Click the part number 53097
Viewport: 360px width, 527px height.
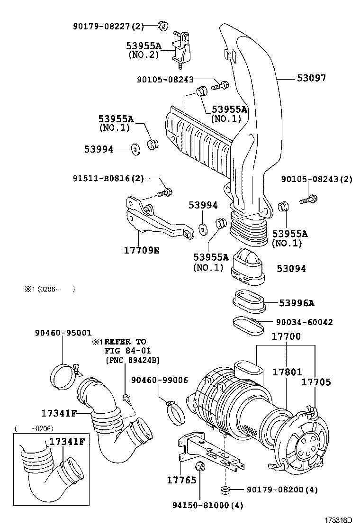(311, 78)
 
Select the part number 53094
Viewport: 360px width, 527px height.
(292, 269)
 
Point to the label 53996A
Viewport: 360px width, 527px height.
(297, 303)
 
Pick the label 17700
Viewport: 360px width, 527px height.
(286, 336)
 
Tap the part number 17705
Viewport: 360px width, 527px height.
(316, 382)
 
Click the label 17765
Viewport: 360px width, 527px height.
(181, 481)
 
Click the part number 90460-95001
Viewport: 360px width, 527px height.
(63, 333)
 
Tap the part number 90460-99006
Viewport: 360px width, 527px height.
(159, 380)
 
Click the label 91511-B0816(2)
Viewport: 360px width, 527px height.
(108, 178)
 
